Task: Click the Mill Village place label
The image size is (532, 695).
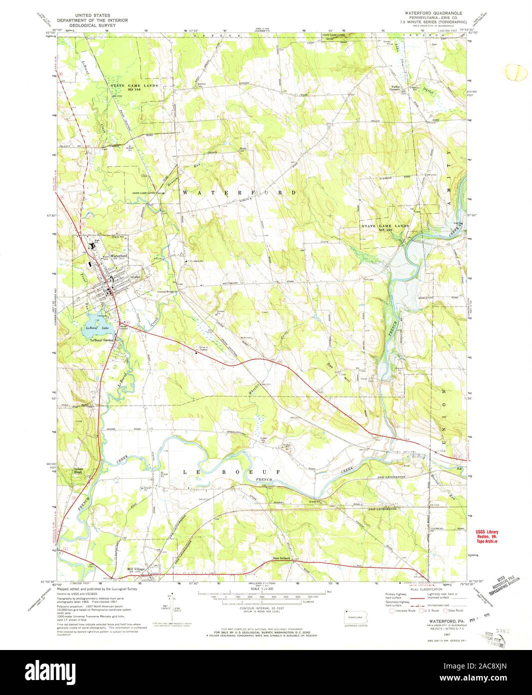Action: click(x=135, y=568)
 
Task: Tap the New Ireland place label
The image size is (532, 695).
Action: click(x=282, y=558)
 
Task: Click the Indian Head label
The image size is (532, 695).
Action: click(x=81, y=470)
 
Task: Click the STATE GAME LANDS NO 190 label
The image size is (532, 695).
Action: click(x=385, y=227)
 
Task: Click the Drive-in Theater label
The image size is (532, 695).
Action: click(x=204, y=348)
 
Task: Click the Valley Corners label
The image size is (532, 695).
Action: click(x=396, y=88)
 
